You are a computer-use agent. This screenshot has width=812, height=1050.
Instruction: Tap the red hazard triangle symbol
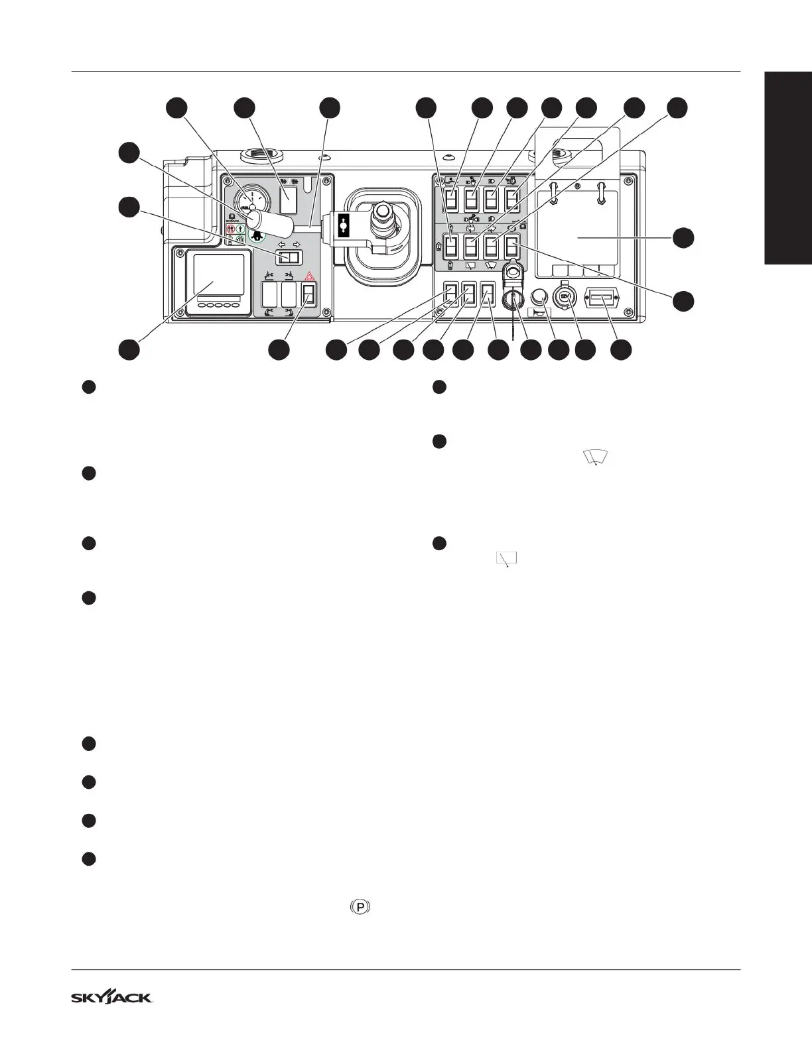[308, 278]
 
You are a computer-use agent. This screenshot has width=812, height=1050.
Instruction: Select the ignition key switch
[511, 300]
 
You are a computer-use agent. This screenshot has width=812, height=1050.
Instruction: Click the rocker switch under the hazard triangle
[308, 294]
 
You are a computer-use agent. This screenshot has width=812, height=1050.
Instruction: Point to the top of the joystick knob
[383, 211]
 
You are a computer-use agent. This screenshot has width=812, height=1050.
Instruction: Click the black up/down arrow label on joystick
[343, 225]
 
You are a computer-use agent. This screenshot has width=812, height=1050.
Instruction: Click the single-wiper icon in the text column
[507, 559]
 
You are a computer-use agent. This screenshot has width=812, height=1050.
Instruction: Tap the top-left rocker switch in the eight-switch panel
[451, 199]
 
